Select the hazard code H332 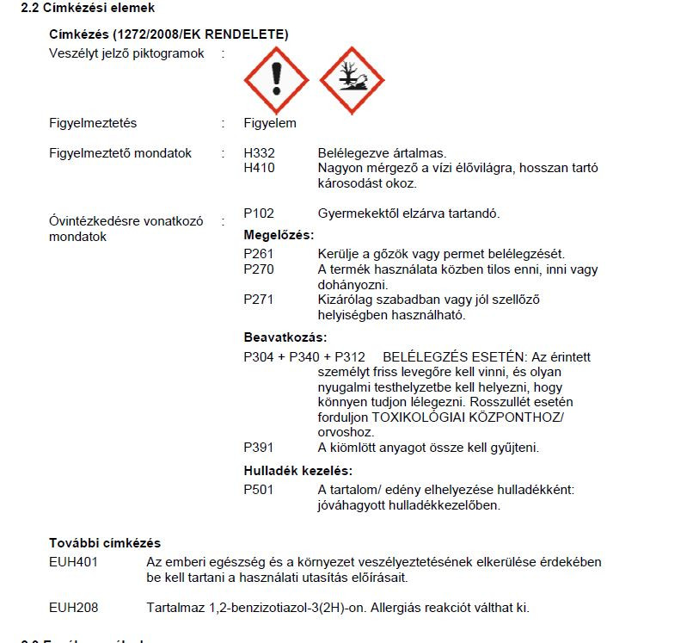(x=259, y=153)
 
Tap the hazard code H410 (x=259, y=168)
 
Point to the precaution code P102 (x=259, y=213)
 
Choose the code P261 (x=259, y=254)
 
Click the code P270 (x=259, y=269)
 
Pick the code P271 (x=259, y=300)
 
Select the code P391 (x=259, y=448)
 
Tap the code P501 (x=259, y=490)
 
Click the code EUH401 (x=73, y=562)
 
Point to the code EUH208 (x=73, y=608)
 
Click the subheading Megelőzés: (x=279, y=235)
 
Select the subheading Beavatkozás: (x=285, y=337)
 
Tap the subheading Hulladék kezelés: (x=298, y=471)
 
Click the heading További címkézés (x=105, y=543)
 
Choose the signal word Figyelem (x=270, y=123)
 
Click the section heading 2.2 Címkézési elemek (x=88, y=9)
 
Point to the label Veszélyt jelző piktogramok (x=127, y=53)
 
